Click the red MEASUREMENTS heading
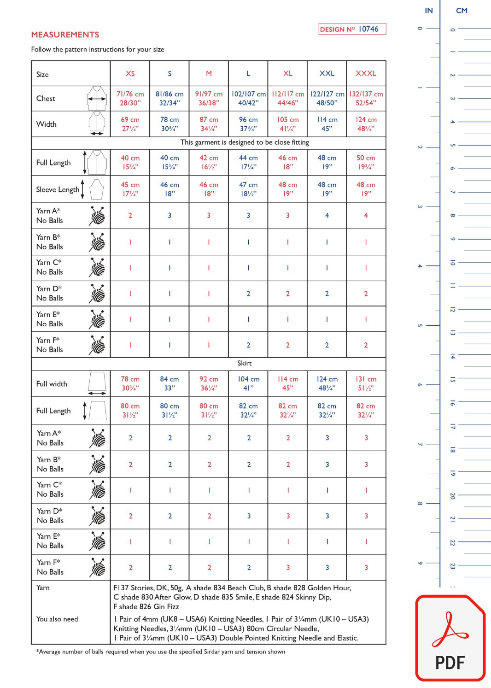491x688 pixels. (x=65, y=35)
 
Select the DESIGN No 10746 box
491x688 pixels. (x=352, y=29)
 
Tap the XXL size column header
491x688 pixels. (x=327, y=73)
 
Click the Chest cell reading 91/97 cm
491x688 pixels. (x=209, y=98)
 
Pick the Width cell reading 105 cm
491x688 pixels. (x=287, y=124)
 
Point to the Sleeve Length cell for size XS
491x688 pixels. (x=130, y=189)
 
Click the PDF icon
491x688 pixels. (x=450, y=638)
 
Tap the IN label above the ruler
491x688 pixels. (x=428, y=11)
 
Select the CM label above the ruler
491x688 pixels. (x=461, y=11)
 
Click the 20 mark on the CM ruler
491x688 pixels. (x=452, y=496)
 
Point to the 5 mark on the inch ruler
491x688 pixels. (x=420, y=325)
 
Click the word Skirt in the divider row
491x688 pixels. (x=244, y=363)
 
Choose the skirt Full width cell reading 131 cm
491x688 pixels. (x=366, y=383)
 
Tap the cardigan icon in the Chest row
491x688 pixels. (x=97, y=98)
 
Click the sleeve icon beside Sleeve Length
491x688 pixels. (x=96, y=189)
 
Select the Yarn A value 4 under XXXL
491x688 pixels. (x=366, y=215)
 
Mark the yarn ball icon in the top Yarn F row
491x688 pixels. (x=98, y=345)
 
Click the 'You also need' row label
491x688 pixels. (x=57, y=619)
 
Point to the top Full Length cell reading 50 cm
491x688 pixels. (x=366, y=162)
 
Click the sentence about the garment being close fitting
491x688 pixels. (x=245, y=142)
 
